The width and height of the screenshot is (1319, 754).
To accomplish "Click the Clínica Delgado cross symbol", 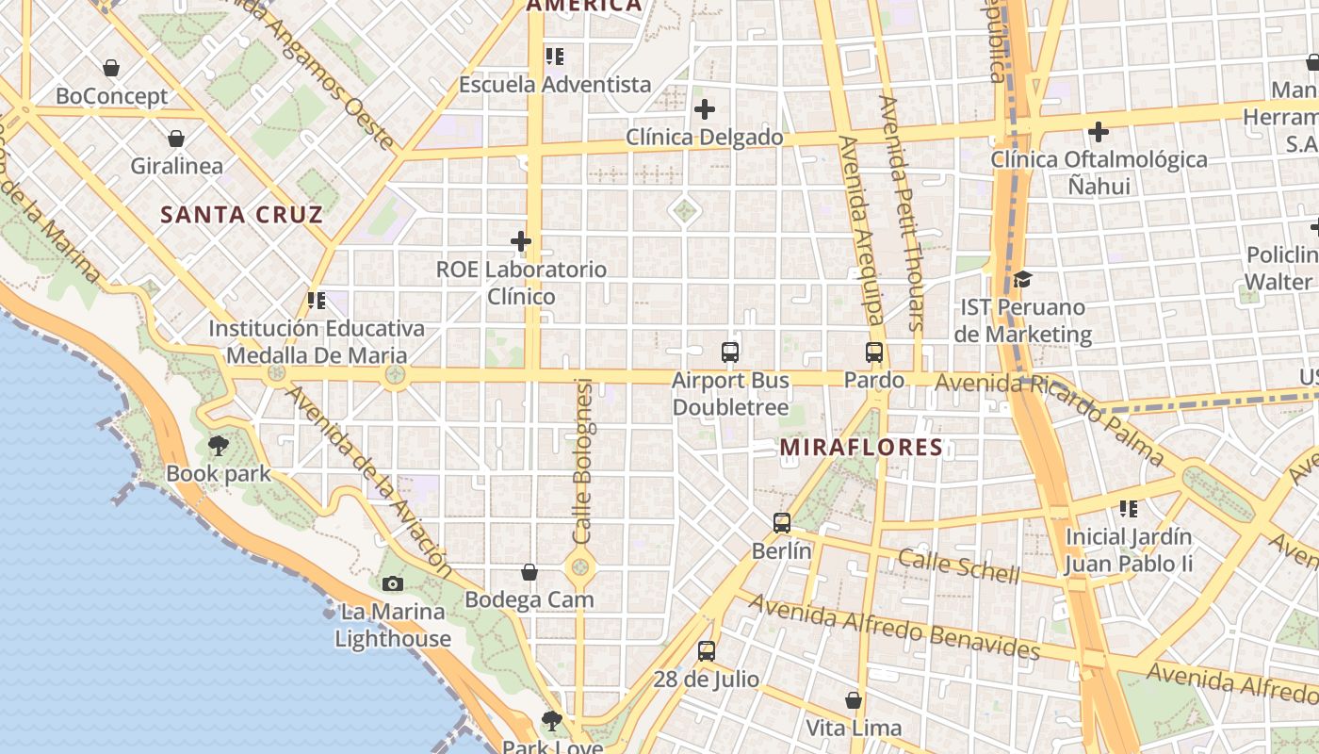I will pyautogui.click(x=705, y=109).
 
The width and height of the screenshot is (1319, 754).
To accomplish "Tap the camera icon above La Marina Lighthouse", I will pyautogui.click(x=393, y=583).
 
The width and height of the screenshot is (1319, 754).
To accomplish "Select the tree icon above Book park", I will pyautogui.click(x=219, y=445).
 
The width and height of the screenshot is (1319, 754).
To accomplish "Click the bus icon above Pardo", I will pyautogui.click(x=874, y=352).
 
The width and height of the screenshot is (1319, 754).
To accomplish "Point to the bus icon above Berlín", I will pyautogui.click(x=781, y=522).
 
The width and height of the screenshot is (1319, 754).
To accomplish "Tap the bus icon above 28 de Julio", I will pyautogui.click(x=706, y=650).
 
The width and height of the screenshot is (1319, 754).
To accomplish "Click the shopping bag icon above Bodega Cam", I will pyautogui.click(x=529, y=572).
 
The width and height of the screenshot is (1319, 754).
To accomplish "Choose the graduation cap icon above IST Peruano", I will pyautogui.click(x=1022, y=279).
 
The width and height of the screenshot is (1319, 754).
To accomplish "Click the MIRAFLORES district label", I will pyautogui.click(x=861, y=447).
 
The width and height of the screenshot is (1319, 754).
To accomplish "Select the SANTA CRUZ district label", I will pyautogui.click(x=242, y=215).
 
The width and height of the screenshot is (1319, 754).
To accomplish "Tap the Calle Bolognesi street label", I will pyautogui.click(x=582, y=462).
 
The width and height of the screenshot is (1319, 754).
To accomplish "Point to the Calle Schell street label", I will pyautogui.click(x=958, y=565).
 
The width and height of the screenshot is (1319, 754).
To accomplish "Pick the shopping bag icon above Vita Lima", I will pyautogui.click(x=854, y=700).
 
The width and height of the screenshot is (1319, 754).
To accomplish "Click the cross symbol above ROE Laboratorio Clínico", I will pyautogui.click(x=521, y=241).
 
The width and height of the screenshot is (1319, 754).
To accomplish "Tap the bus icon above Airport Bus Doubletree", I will pyautogui.click(x=729, y=352).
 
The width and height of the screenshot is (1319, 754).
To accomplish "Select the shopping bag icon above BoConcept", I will pyautogui.click(x=111, y=68).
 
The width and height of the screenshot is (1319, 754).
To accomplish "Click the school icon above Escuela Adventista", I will pyautogui.click(x=555, y=57).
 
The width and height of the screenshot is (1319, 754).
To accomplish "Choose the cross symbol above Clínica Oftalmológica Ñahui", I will pyautogui.click(x=1099, y=132).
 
